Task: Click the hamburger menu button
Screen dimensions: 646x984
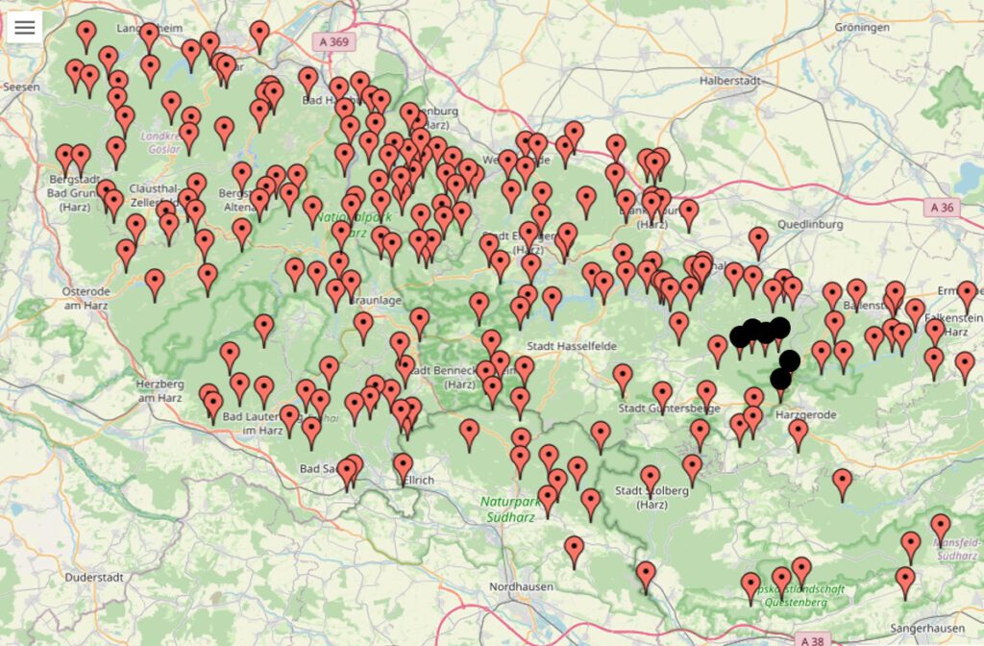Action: pyautogui.click(x=24, y=27)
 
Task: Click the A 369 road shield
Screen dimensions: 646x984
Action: pyautogui.click(x=332, y=41)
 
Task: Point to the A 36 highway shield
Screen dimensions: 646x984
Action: pyautogui.click(x=945, y=207)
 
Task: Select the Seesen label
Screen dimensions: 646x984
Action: pyautogui.click(x=21, y=87)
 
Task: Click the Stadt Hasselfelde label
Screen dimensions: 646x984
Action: pyautogui.click(x=571, y=345)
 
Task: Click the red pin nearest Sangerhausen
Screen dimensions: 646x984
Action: pyautogui.click(x=905, y=580)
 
